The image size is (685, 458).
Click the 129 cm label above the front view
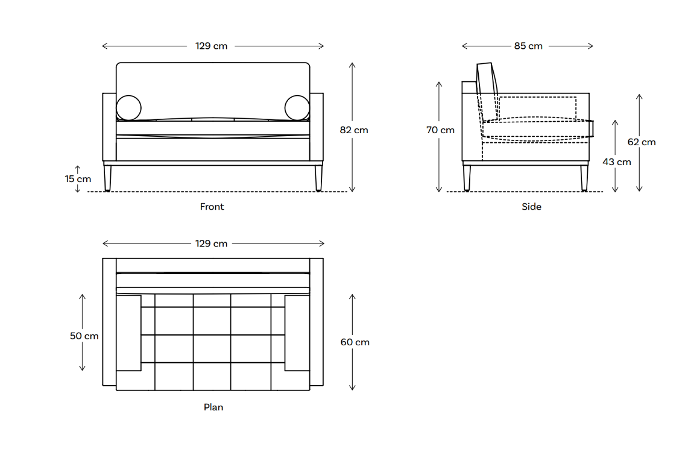click(x=211, y=46)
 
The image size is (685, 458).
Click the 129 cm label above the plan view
click(x=211, y=243)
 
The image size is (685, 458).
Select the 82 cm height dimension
click(x=353, y=130)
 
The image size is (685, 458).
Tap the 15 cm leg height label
click(x=78, y=178)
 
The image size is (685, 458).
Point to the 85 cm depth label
click(x=528, y=46)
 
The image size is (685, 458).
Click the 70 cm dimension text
click(x=440, y=130)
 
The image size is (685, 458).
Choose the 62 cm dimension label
click(x=641, y=142)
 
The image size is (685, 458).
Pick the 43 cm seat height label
click(x=616, y=162)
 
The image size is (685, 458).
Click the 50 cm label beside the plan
click(x=84, y=336)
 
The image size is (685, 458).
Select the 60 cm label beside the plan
click(x=355, y=342)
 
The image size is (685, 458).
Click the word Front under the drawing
click(x=212, y=207)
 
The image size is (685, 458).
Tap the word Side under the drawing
click(x=531, y=207)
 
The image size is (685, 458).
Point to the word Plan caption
click(x=213, y=407)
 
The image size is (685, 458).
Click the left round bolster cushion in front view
click(x=128, y=108)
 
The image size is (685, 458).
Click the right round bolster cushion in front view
click(x=297, y=108)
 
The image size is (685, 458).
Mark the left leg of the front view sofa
click(x=108, y=178)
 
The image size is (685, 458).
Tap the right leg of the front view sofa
click(x=318, y=178)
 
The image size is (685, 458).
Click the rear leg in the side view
click(x=467, y=178)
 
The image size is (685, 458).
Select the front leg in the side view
click(x=584, y=178)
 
